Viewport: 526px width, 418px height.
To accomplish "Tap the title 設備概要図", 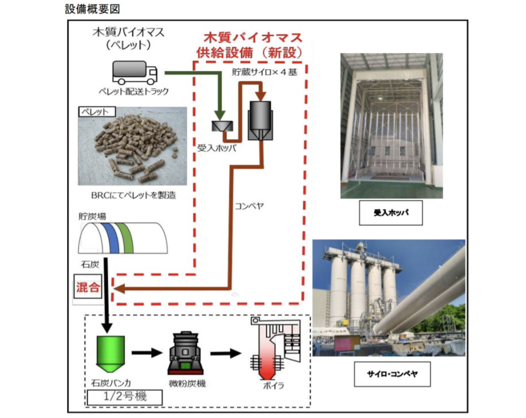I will click(92, 9).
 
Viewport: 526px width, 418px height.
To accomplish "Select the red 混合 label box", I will click(88, 287).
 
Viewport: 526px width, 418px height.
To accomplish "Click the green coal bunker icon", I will click(110, 353).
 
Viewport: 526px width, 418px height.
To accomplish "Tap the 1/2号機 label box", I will click(125, 397).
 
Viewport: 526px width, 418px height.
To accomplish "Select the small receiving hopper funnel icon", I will click(222, 126).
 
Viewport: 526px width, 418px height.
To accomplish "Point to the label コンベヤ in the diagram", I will click(249, 206).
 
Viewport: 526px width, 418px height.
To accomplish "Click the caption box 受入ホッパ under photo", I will click(391, 213).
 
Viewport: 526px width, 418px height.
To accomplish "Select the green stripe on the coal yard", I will click(125, 238).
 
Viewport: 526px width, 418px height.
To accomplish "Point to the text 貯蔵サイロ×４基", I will click(264, 72).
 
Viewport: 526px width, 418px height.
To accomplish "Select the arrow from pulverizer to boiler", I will click(226, 353).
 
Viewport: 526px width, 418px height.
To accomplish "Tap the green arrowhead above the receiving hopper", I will click(220, 115).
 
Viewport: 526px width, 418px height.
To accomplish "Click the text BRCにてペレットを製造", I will click(134, 195).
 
